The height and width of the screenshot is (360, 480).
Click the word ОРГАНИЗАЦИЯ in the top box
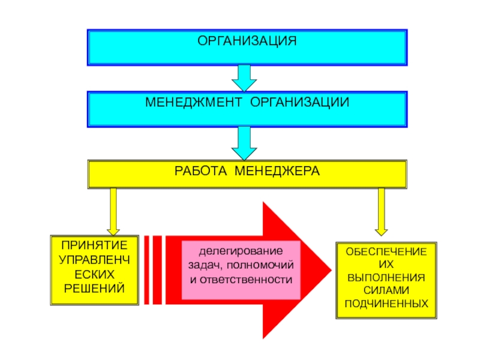click(x=247, y=41)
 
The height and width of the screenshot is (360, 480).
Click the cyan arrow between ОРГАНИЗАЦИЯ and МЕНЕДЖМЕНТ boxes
click(x=244, y=77)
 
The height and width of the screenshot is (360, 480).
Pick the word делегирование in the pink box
click(x=240, y=250)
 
